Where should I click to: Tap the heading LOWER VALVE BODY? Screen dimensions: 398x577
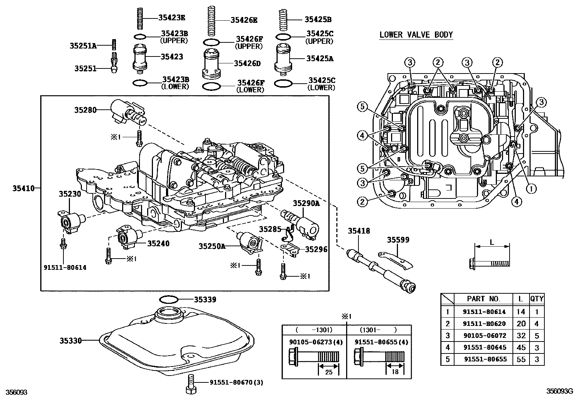(416, 35)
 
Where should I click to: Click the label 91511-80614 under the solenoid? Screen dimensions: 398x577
(66, 268)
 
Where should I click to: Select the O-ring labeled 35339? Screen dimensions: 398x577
(169, 300)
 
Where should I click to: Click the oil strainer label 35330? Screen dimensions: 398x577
(71, 340)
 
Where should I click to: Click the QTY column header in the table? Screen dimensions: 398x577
(536, 299)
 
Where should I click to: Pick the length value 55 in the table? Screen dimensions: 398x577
(520, 360)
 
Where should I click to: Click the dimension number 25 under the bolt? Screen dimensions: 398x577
(328, 372)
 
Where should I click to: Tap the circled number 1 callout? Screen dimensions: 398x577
(531, 188)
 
